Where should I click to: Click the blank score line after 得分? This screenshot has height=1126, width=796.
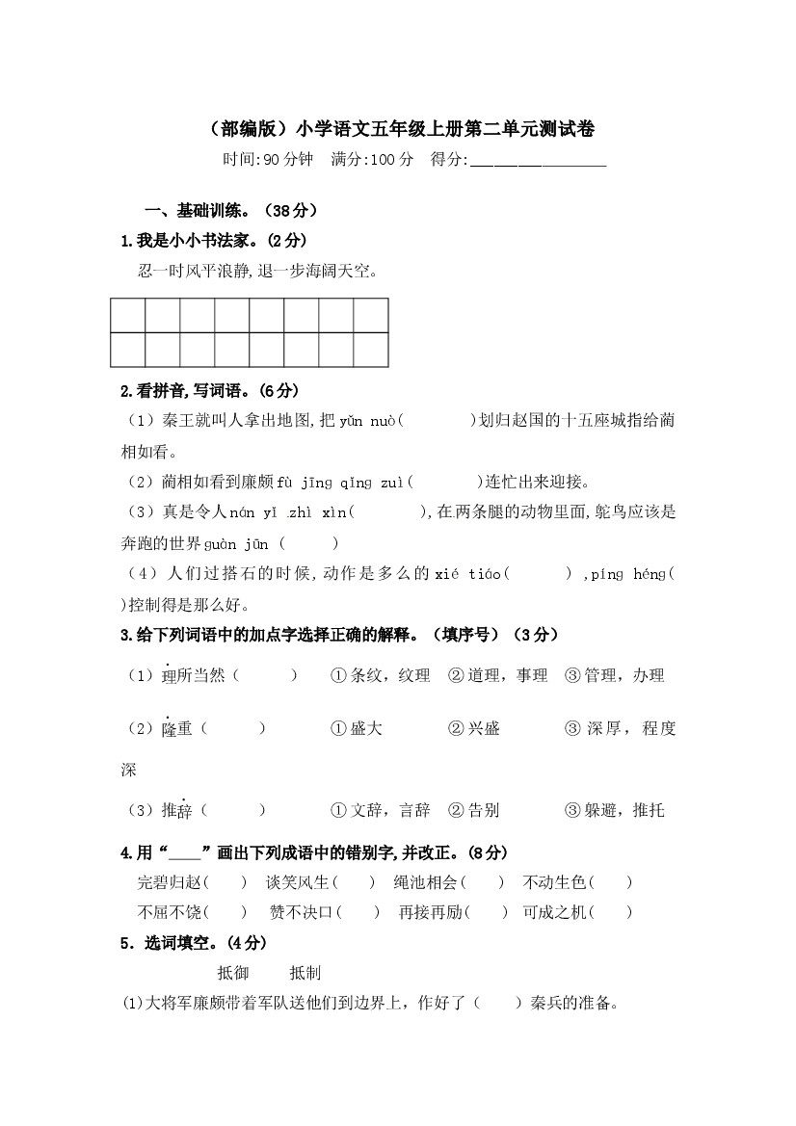[537, 161]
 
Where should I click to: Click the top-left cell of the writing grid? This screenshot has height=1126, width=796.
[128, 315]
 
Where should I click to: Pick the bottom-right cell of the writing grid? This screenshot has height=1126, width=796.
[371, 349]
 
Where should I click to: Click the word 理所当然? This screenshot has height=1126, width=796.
[193, 676]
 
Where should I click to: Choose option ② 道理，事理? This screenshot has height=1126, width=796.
[497, 676]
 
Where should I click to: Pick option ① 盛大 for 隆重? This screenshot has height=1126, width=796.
[356, 729]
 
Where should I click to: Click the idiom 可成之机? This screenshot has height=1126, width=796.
[554, 912]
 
